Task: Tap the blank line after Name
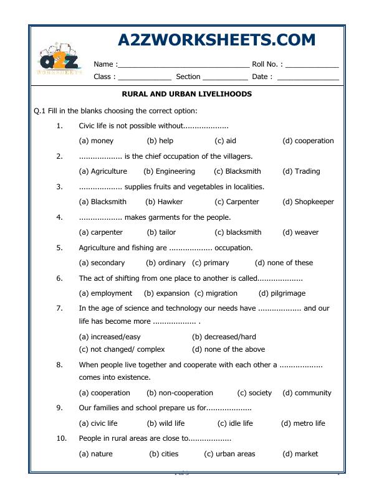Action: pos(183,65)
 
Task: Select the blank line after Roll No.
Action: pos(312,65)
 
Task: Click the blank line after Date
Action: pos(308,78)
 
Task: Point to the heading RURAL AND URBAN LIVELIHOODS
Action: pos(186,94)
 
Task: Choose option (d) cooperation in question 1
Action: pos(308,141)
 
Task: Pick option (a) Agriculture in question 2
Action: pos(103,171)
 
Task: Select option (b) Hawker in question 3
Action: pos(164,202)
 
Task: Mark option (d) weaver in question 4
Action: pos(300,232)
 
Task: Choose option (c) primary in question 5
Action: pos(211,263)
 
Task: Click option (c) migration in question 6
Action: pos(216,293)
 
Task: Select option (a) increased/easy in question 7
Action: pos(110,336)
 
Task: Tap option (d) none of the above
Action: pos(229,349)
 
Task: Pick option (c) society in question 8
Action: pos(254,393)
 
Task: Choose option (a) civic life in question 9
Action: pos(98,423)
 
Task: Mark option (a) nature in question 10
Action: pos(95,454)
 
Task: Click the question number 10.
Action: pos(61,438)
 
